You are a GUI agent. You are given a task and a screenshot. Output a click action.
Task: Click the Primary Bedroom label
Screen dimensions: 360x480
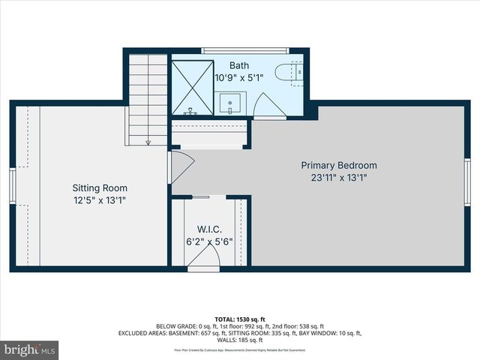339,165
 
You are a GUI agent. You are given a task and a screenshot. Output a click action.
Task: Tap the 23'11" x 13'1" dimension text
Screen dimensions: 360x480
339,178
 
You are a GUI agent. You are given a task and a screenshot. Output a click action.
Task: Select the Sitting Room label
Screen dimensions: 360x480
100,187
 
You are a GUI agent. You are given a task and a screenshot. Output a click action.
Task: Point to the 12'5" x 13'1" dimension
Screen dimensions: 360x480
100,201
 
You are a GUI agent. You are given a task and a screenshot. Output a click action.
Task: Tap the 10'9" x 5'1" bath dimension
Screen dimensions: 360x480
238,77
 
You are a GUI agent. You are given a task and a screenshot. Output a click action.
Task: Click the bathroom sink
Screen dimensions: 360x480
231,102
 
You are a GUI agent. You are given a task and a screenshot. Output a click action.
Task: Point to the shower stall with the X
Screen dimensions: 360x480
193,86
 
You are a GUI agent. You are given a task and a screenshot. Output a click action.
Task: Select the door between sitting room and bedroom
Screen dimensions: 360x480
181,166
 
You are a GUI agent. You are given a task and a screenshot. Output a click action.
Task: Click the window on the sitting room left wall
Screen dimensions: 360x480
12,185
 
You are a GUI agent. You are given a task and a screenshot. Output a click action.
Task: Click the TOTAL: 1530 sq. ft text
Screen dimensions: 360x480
240,319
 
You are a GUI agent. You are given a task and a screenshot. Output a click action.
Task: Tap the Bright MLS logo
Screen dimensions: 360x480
30,349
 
